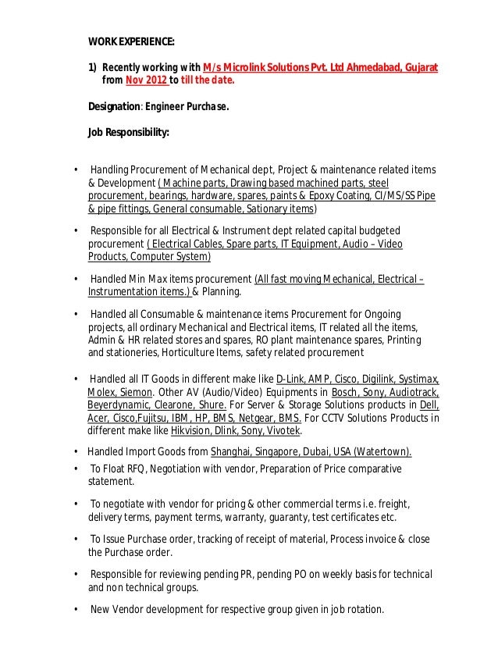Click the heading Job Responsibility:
point(128,133)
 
